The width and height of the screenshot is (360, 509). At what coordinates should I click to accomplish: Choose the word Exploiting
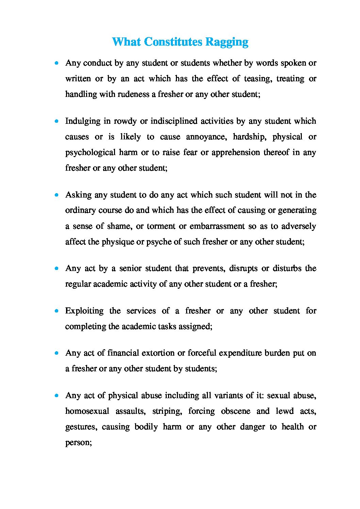tap(84, 311)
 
